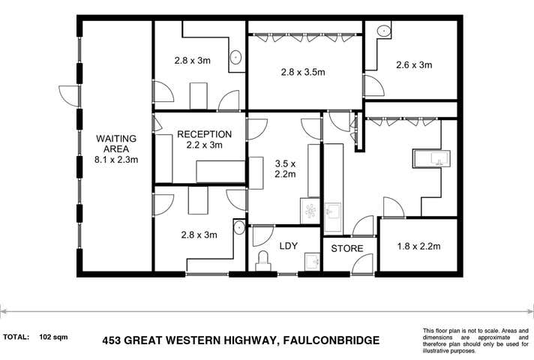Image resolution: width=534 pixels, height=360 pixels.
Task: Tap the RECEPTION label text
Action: [205, 134]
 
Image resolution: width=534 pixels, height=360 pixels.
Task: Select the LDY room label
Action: [289, 246]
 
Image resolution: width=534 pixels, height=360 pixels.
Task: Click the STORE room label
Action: [347, 247]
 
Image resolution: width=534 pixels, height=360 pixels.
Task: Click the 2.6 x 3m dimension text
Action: [414, 65]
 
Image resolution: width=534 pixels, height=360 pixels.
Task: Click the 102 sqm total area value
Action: [53, 337]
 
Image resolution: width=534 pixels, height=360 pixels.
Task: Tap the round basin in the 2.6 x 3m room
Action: [383, 31]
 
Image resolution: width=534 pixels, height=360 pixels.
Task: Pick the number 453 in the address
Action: [112, 340]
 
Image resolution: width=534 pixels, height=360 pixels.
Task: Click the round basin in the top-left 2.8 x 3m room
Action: [235, 56]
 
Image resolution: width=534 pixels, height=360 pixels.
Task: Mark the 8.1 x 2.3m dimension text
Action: [115, 159]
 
